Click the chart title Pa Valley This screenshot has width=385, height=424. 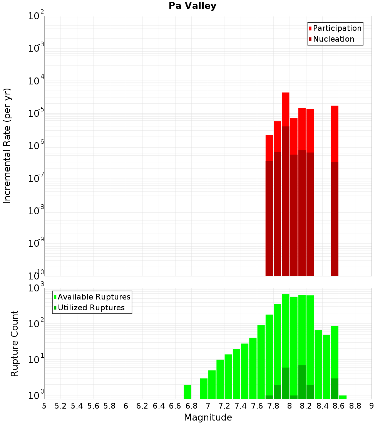(x=192, y=6)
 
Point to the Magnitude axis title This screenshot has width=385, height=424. (x=208, y=417)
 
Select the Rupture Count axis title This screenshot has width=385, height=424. (x=15, y=343)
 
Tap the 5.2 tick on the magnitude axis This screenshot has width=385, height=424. (x=60, y=406)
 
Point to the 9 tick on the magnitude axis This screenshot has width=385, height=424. (x=372, y=406)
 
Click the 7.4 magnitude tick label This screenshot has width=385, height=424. (x=241, y=406)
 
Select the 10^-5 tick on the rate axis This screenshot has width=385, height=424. (x=36, y=113)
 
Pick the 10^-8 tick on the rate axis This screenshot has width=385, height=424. (x=36, y=211)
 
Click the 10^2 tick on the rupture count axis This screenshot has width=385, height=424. (x=36, y=324)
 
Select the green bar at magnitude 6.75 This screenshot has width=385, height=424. (x=187, y=392)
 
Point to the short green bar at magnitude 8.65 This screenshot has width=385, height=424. (x=343, y=397)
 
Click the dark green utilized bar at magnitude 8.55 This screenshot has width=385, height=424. (x=335, y=389)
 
